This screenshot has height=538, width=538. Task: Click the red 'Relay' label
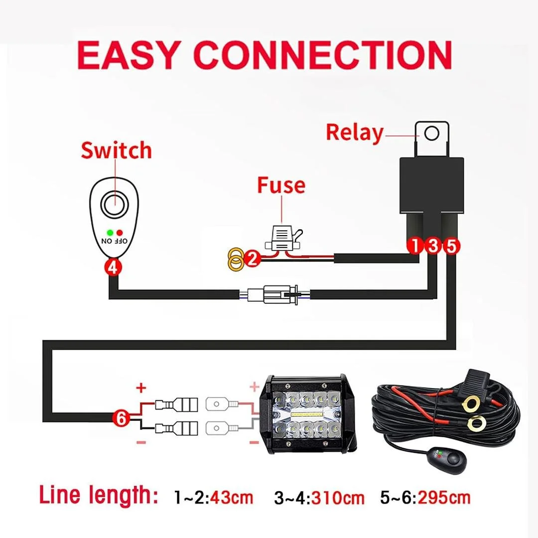click(355, 133)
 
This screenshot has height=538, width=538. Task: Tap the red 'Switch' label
click(116, 150)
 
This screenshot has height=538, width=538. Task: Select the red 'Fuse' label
click(281, 185)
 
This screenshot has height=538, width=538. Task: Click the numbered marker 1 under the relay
click(415, 246)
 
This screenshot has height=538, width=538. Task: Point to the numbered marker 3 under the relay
click(433, 246)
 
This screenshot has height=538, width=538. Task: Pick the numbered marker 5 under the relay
click(451, 246)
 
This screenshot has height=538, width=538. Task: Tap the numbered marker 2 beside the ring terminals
click(253, 259)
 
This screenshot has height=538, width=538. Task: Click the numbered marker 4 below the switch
click(113, 268)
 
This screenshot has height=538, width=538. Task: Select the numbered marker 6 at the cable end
click(122, 418)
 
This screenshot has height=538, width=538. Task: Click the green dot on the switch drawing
click(110, 233)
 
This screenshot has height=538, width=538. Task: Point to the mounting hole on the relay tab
click(431, 133)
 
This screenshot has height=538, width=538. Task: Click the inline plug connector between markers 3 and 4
click(275, 294)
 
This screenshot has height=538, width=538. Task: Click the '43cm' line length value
click(232, 497)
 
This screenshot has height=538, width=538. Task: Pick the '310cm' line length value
click(338, 498)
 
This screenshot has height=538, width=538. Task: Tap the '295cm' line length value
click(444, 497)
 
